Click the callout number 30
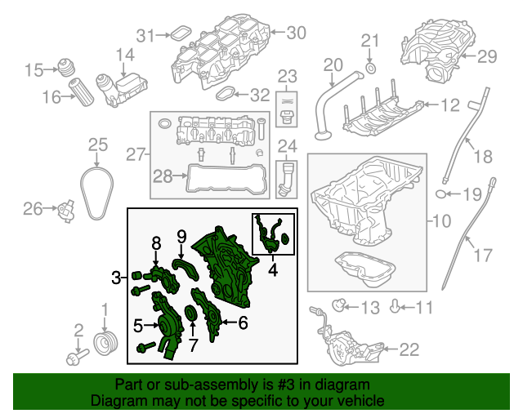coord(295,33)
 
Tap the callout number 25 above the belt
coord(98,145)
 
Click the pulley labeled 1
coord(104,340)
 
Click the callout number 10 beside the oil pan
coord(440,220)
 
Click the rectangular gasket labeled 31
coord(174,34)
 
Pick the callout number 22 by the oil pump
coord(408,350)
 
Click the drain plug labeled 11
coord(398,308)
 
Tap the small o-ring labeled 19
coord(441,194)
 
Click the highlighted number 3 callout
coord(117,278)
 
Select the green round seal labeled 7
coord(191,313)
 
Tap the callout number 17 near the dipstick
coord(483,255)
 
